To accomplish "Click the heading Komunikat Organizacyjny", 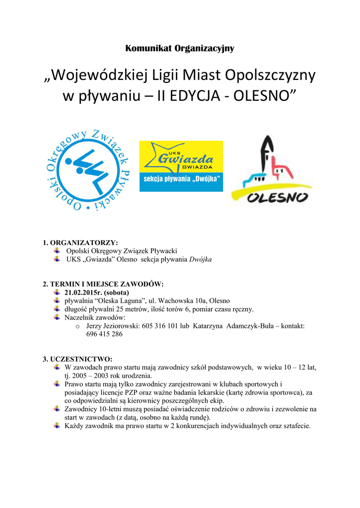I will point(180,48).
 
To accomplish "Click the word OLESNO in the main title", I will point(262,95).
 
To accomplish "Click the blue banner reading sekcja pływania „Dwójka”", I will point(181,179).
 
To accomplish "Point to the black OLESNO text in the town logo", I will point(278,197).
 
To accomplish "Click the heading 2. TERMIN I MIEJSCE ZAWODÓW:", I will point(103,284).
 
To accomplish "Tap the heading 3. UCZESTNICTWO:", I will point(77,359).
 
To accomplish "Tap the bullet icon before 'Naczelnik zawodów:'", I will point(58,317).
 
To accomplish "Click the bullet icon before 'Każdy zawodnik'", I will point(58,425).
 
